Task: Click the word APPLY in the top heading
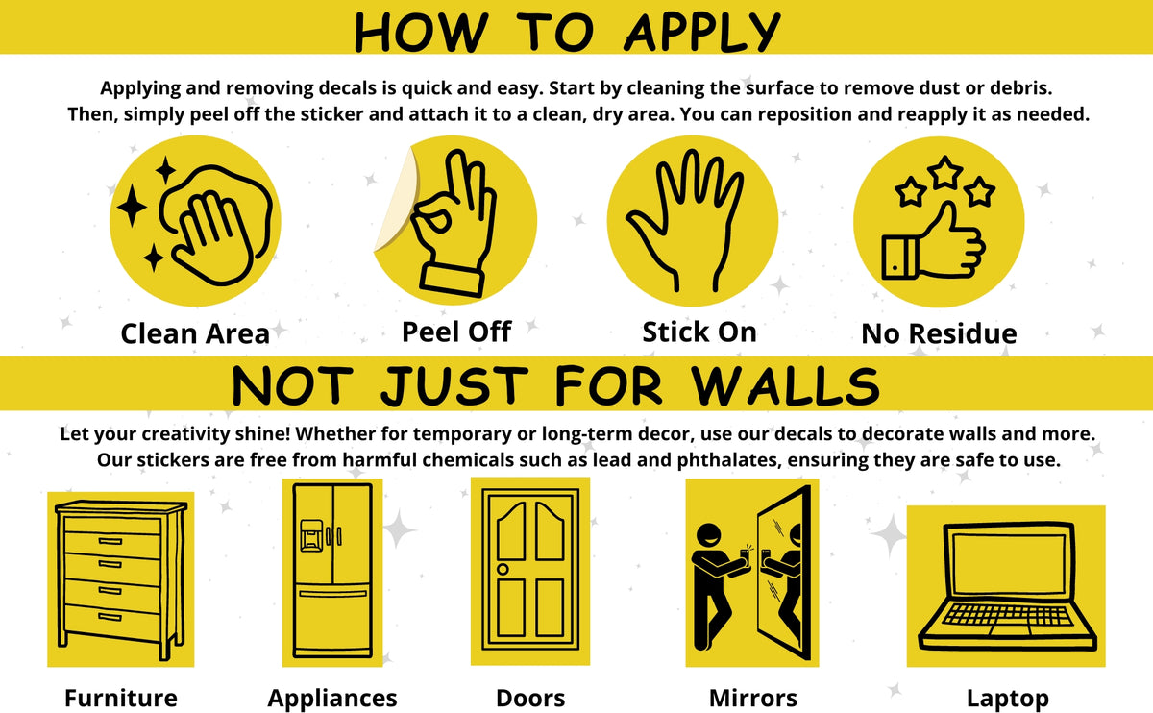(x=702, y=32)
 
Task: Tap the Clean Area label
(x=195, y=333)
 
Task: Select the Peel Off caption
(x=456, y=332)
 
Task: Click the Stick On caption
(x=699, y=332)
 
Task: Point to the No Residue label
(x=939, y=333)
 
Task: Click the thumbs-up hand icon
(x=933, y=242)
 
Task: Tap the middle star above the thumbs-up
(x=945, y=172)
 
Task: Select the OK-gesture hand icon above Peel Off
(x=453, y=222)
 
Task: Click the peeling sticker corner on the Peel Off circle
(x=396, y=201)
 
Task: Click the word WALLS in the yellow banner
(x=784, y=385)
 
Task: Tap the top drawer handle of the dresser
(x=110, y=541)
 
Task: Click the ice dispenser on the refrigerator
(x=311, y=535)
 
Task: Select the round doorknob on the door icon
(x=503, y=570)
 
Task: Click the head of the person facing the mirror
(x=709, y=537)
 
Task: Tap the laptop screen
(x=1009, y=564)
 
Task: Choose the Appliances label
(x=332, y=699)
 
